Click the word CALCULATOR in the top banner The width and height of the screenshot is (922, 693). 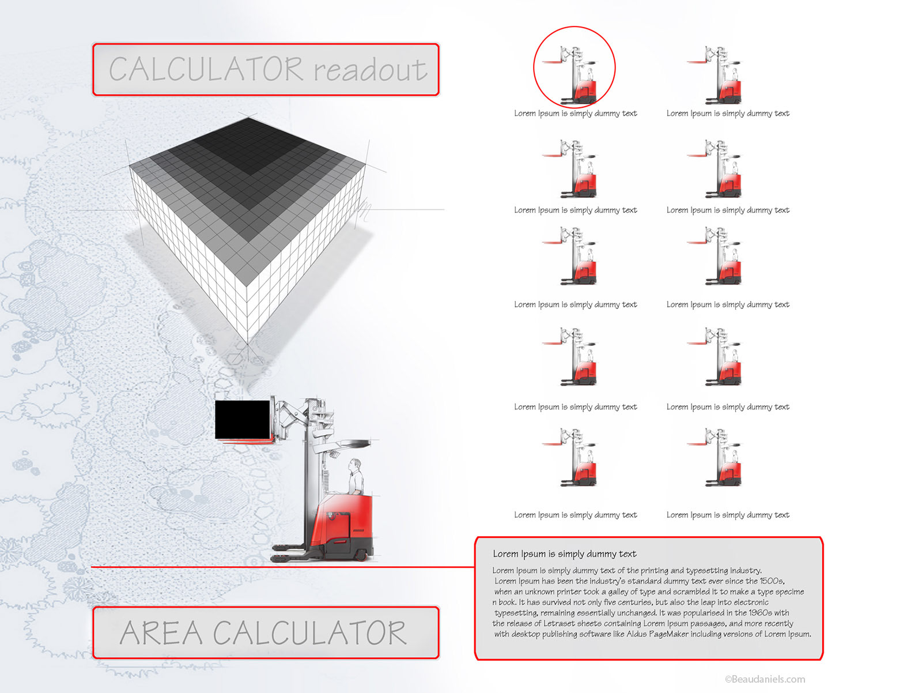click(x=206, y=69)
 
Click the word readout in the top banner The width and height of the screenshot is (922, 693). click(x=369, y=70)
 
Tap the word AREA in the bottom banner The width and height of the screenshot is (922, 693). click(x=161, y=632)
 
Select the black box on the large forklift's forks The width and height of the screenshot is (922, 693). click(x=243, y=419)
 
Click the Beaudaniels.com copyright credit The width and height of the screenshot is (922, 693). click(x=765, y=679)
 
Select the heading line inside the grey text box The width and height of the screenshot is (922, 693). click(x=564, y=554)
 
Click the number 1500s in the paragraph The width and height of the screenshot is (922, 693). click(x=771, y=581)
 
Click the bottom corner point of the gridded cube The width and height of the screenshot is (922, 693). click(x=248, y=344)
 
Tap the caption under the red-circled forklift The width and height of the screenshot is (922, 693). click(x=575, y=114)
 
